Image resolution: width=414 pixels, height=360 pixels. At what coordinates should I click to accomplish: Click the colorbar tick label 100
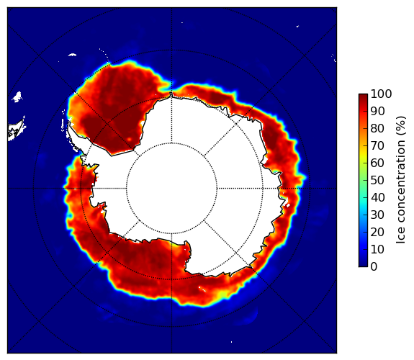(381, 94)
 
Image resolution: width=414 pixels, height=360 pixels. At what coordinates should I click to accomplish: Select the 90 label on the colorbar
(377, 111)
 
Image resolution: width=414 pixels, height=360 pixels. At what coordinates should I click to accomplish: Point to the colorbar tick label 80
(377, 128)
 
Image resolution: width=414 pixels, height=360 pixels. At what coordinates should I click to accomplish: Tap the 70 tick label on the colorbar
(377, 145)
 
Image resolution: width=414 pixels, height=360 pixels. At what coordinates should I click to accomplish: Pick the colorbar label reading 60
(377, 163)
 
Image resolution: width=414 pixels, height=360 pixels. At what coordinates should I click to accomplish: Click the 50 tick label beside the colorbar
(377, 181)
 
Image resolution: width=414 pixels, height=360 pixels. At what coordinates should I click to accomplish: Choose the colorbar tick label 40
(377, 197)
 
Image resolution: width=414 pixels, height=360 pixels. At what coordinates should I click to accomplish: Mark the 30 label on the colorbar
(377, 215)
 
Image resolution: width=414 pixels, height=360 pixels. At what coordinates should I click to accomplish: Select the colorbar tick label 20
(377, 232)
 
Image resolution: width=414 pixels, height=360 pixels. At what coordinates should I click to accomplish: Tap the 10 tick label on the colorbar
(377, 250)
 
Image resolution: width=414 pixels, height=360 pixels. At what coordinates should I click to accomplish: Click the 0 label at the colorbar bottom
(374, 267)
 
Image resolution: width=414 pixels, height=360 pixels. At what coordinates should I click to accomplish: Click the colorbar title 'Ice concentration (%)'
(400, 180)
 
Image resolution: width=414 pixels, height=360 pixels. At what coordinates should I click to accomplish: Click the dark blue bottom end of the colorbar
(363, 265)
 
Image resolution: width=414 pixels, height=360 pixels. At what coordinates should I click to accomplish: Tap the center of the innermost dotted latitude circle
(171, 188)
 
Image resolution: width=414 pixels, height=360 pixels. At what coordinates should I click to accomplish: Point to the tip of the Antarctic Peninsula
(69, 123)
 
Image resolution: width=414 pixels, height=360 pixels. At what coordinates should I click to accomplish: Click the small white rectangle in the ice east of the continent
(288, 205)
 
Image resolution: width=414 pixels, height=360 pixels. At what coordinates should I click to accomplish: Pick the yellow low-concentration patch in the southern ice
(222, 294)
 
